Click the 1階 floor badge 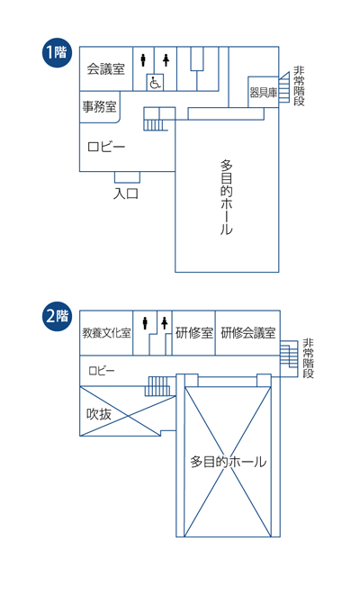click(x=57, y=53)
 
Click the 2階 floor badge click(x=57, y=316)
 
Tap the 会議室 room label click(x=106, y=68)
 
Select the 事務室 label click(x=99, y=106)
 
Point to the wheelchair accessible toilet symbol click(x=155, y=83)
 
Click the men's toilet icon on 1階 click(x=143, y=60)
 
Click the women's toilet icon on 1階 click(x=166, y=60)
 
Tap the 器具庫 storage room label click(x=264, y=93)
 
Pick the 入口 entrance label click(x=126, y=194)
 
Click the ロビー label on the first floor click(x=106, y=147)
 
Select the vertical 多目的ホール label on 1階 click(x=227, y=197)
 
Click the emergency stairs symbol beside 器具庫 click(x=284, y=87)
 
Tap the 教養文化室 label click(x=106, y=333)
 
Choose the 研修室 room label click(x=194, y=333)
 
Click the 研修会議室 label click(x=248, y=333)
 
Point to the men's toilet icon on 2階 click(x=145, y=323)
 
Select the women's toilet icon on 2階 click(x=165, y=323)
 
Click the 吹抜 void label click(x=99, y=414)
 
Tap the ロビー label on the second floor click(x=102, y=371)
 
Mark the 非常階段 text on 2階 click(x=308, y=358)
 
